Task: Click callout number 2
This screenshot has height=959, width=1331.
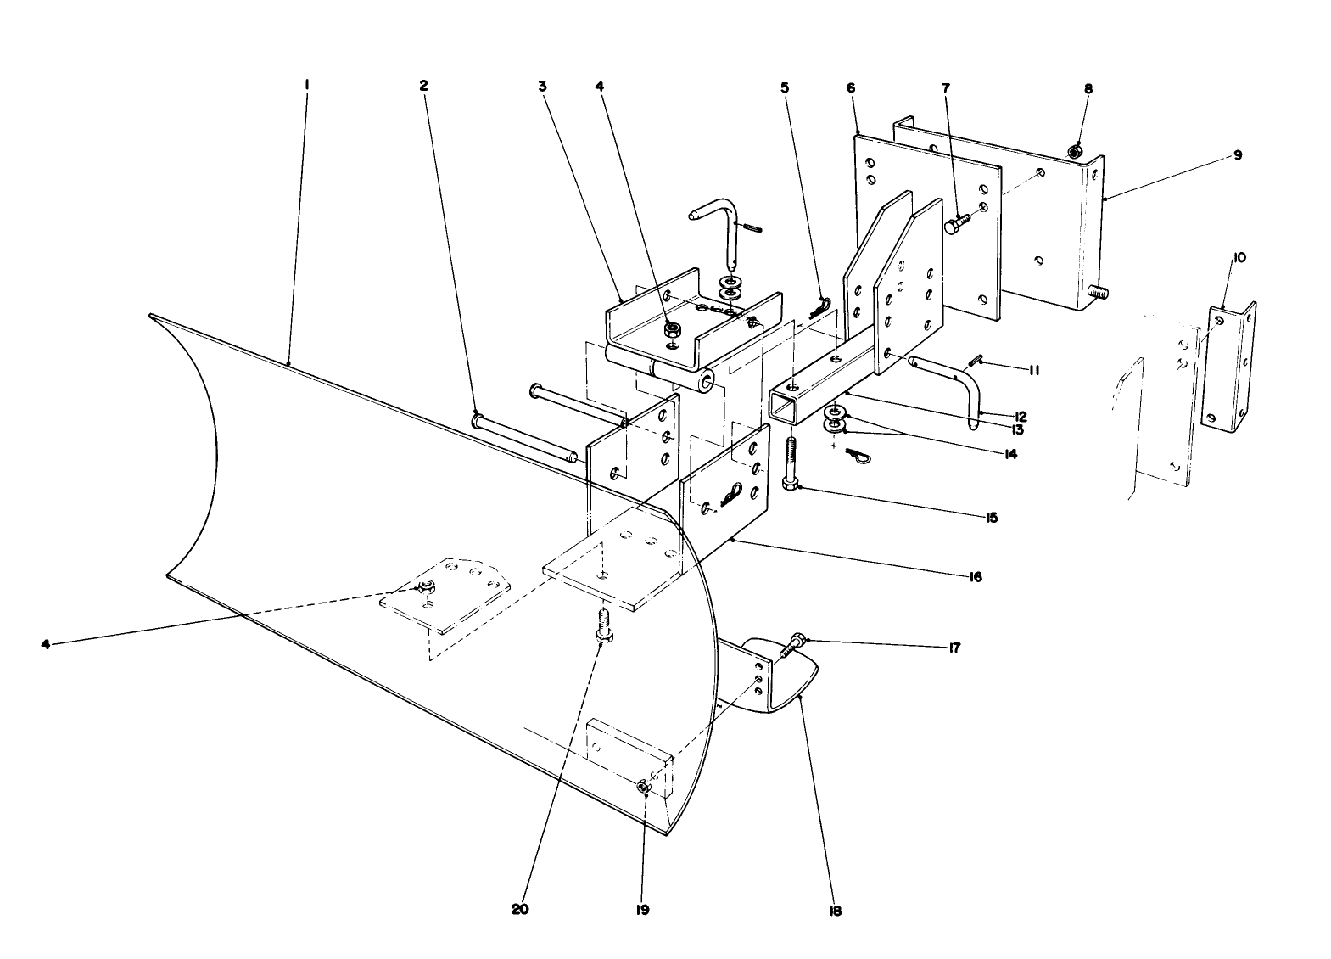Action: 423,85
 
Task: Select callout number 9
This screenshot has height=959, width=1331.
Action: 1238,155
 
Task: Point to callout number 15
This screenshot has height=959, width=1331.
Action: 991,517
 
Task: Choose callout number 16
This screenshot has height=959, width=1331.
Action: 975,576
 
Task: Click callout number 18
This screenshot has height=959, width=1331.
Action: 836,911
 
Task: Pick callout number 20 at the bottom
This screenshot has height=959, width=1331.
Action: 520,908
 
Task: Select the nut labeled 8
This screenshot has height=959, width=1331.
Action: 1073,153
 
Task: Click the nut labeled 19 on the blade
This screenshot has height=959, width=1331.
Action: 642,788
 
